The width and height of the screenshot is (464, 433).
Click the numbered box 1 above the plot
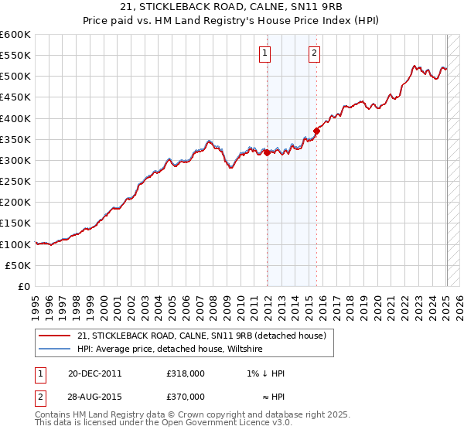(x=264, y=53)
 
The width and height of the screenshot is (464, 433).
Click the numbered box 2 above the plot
(x=315, y=53)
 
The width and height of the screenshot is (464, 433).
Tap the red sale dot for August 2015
(x=316, y=131)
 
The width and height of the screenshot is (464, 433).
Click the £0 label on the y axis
(x=23, y=286)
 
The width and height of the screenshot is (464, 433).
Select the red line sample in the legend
(x=54, y=336)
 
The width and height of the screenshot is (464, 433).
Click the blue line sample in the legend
(x=54, y=349)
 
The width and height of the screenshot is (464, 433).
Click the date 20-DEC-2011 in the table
(x=94, y=373)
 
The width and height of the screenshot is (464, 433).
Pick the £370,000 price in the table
(x=185, y=397)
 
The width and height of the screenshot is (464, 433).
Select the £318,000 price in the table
(x=185, y=373)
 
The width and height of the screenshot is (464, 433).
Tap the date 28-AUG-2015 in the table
(x=94, y=397)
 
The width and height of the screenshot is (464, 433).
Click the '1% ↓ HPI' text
(x=263, y=373)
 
